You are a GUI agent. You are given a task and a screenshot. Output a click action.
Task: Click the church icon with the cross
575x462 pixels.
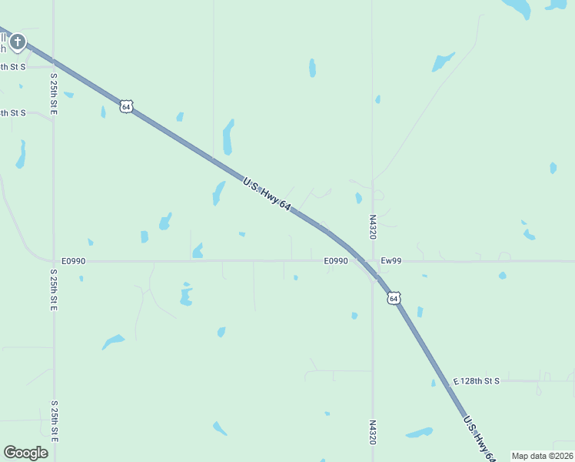pyautogui.click(x=17, y=42)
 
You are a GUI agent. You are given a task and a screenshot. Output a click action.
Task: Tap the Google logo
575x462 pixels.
pyautogui.click(x=25, y=452)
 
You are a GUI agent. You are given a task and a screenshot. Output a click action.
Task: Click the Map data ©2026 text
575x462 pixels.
pyautogui.click(x=541, y=456)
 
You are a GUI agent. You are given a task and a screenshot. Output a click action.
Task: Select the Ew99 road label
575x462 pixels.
pyautogui.click(x=391, y=261)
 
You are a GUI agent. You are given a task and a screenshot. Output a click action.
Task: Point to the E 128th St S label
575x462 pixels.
pyautogui.click(x=477, y=381)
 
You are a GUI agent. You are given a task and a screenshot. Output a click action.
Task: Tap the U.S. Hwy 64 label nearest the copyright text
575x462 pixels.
pyautogui.click(x=478, y=439)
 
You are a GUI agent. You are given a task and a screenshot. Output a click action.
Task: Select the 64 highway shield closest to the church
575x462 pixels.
pyautogui.click(x=126, y=106)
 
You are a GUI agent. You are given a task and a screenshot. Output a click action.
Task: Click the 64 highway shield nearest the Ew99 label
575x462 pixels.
pyautogui.click(x=394, y=297)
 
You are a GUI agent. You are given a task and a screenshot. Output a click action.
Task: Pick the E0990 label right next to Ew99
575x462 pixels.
pyautogui.click(x=336, y=261)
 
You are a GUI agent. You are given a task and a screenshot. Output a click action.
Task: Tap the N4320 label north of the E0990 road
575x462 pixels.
pyautogui.click(x=372, y=226)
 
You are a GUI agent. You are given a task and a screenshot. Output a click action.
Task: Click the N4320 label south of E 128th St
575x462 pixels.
pyautogui.click(x=372, y=432)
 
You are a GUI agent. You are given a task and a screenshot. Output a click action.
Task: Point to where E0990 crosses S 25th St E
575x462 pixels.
pyautogui.click(x=54, y=261)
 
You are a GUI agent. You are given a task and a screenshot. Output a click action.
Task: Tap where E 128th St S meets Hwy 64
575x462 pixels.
pyautogui.click(x=444, y=381)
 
